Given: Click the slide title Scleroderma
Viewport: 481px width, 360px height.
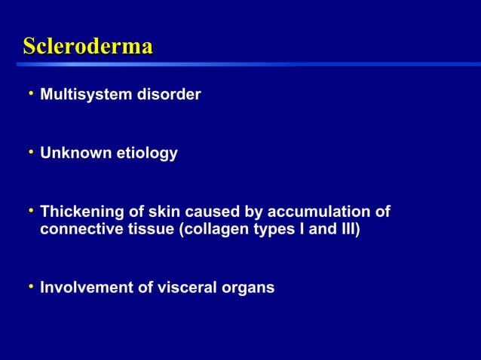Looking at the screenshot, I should click(x=87, y=47).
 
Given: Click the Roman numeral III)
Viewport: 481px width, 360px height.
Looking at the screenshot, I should click(x=349, y=228).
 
